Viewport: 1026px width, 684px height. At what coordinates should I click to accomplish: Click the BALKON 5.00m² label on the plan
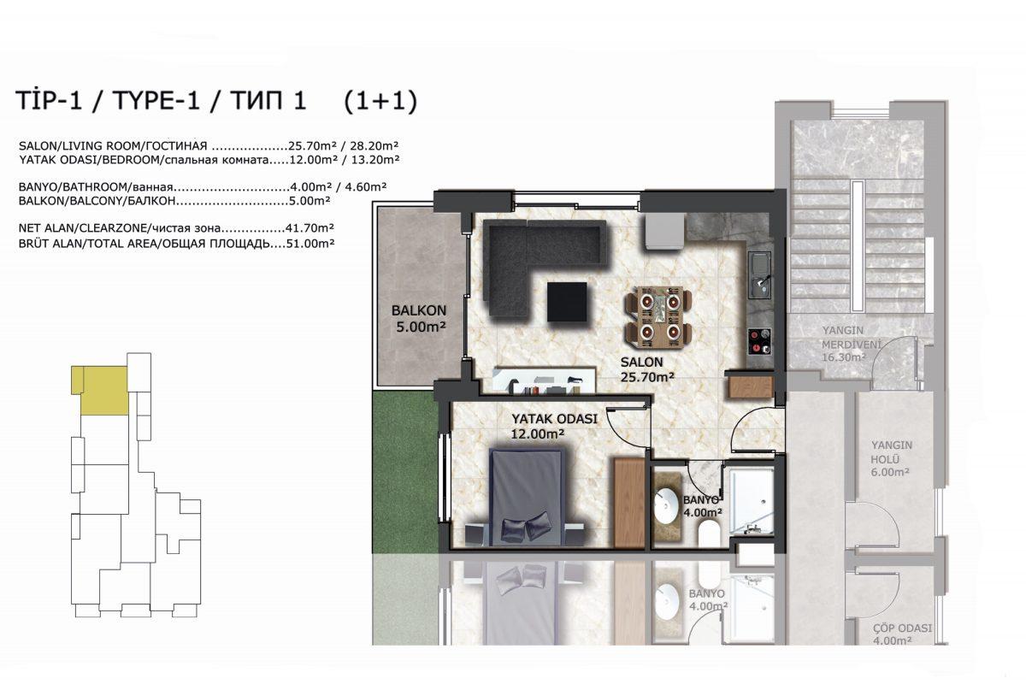point(419,318)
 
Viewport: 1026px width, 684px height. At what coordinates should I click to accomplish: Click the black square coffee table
point(567,302)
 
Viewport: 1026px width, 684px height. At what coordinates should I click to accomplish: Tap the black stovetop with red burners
point(760,342)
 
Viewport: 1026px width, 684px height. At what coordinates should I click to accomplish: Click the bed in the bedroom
point(526,498)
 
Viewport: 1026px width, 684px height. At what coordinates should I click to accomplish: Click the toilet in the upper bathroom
point(710,534)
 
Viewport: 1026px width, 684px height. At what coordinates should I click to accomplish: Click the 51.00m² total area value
point(310,244)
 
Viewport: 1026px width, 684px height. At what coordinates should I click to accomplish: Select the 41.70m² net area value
point(310,227)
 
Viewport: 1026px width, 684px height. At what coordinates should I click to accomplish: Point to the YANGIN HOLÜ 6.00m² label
point(891,458)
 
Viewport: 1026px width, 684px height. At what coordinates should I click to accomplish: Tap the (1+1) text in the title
point(380,101)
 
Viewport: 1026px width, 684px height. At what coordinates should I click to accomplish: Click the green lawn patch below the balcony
point(404,472)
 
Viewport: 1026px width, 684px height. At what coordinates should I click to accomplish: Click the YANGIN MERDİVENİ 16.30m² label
point(852,344)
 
